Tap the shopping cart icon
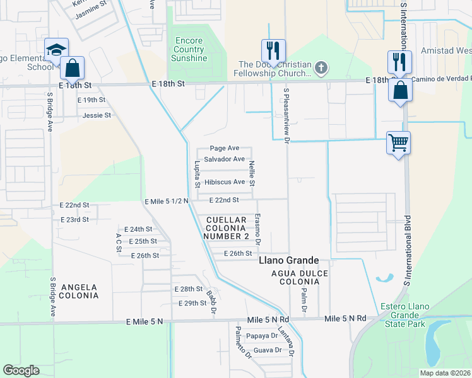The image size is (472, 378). tap(398, 143)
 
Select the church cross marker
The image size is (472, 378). tap(321, 67)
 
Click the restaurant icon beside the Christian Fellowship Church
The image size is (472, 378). tap(273, 50)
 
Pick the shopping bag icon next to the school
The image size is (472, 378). tap(72, 67)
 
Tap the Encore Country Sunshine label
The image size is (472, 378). tap(189, 50)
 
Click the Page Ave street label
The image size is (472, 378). tap(225, 148)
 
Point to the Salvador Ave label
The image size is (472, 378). tap(224, 159)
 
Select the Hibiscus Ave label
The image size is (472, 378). tap(224, 182)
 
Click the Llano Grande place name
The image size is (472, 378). tap(288, 260)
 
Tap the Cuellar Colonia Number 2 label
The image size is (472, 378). tap(227, 227)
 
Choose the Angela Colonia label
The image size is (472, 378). tap(79, 290)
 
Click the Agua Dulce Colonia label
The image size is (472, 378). tap(295, 277)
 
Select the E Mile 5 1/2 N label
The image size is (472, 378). tap(166, 202)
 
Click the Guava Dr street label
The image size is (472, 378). tap(267, 350)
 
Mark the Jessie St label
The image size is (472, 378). tap(97, 115)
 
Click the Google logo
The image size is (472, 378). tap(21, 370)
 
